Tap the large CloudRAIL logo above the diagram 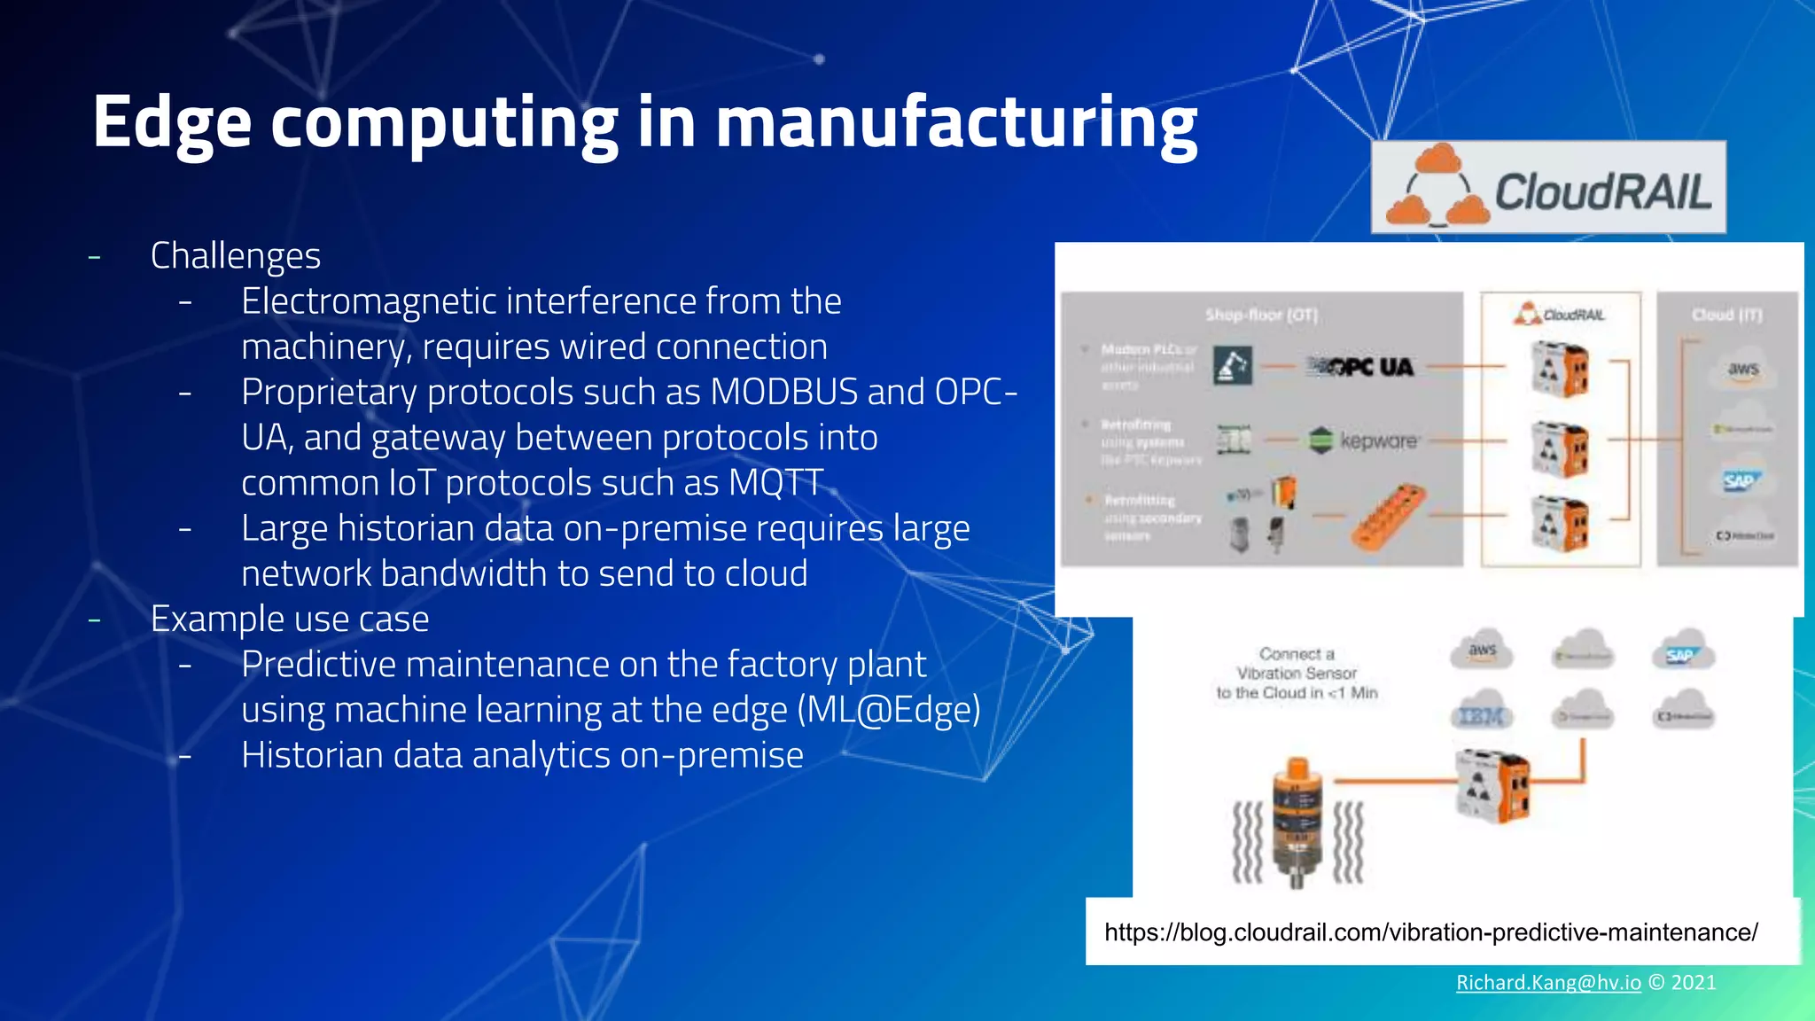1548,188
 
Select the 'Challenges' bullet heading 235,256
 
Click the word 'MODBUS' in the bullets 783,392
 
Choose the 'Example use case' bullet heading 289,619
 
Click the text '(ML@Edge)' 889,710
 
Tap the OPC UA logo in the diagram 1363,366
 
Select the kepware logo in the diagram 1365,440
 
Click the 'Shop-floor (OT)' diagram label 1261,315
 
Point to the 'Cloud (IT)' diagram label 1726,315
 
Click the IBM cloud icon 1481,713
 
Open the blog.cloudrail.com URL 1430,932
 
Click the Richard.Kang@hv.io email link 1548,982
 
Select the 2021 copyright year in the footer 1693,982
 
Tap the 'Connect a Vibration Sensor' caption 1297,673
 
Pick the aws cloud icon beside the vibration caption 1481,651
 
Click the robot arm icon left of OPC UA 1232,366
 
